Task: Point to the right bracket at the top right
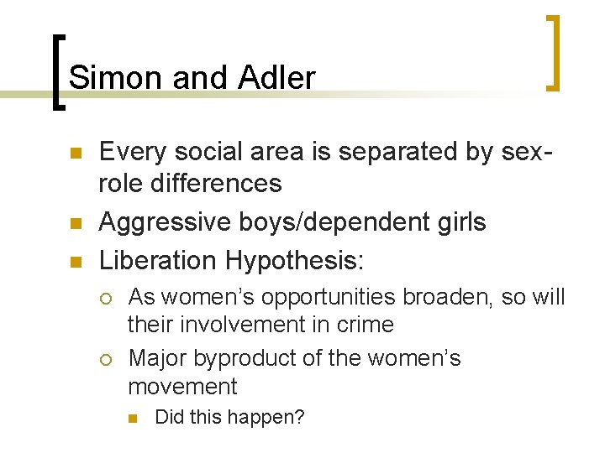coord(554,52)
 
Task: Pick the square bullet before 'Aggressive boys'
coord(76,223)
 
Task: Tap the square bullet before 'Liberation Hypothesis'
coord(76,261)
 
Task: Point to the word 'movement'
coord(182,387)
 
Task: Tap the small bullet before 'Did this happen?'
coord(134,418)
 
